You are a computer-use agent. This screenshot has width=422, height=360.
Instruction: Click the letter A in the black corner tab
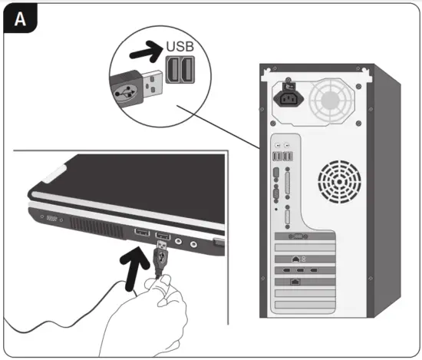pos(21,21)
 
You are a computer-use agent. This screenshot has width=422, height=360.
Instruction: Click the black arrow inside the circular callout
pos(143,53)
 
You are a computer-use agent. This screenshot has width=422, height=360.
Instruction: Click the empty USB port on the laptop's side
pos(142,232)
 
